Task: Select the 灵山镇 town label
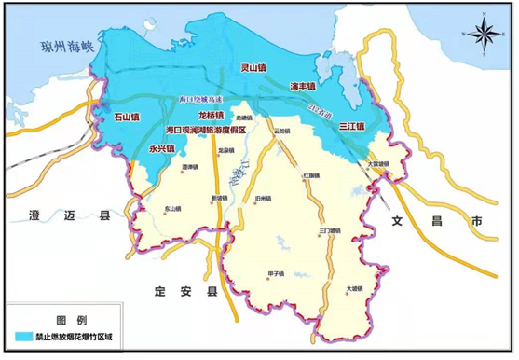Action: [255, 67]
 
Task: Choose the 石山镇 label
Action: [126, 118]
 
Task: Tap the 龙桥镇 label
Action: [212, 115]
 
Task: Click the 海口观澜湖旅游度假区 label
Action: [205, 130]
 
